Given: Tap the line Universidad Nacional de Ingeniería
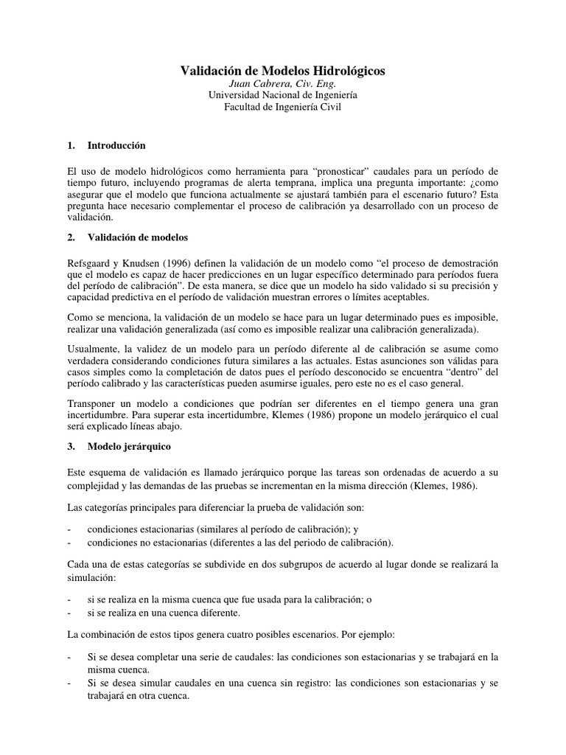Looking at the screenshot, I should click(x=283, y=95).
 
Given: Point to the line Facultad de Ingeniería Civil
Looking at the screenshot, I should click(x=283, y=107).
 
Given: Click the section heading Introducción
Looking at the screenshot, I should click(x=116, y=145).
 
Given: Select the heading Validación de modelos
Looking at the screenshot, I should click(x=138, y=238).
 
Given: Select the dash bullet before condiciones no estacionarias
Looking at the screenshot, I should click(x=69, y=543).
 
